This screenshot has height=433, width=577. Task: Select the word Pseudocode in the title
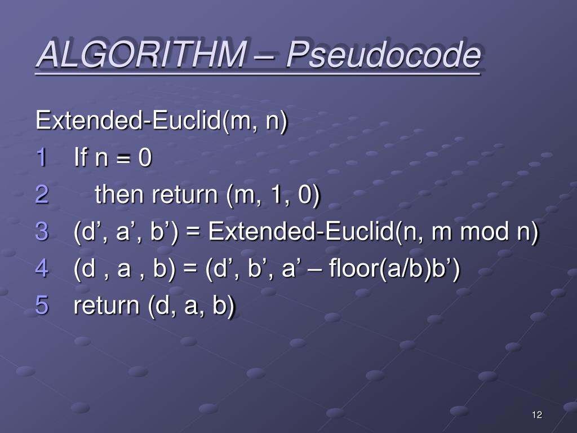[x=383, y=55]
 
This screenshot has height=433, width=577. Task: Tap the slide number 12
[x=536, y=416]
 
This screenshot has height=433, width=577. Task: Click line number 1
[x=42, y=158]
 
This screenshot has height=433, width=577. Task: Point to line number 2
[x=42, y=195]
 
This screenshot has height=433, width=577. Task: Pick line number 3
[x=42, y=232]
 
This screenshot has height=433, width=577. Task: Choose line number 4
[x=42, y=268]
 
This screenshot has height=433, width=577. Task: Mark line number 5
[x=42, y=305]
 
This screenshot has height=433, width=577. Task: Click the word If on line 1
[x=81, y=158]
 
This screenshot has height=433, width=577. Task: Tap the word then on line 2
[x=119, y=195]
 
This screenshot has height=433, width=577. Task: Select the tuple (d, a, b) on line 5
[x=192, y=305]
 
